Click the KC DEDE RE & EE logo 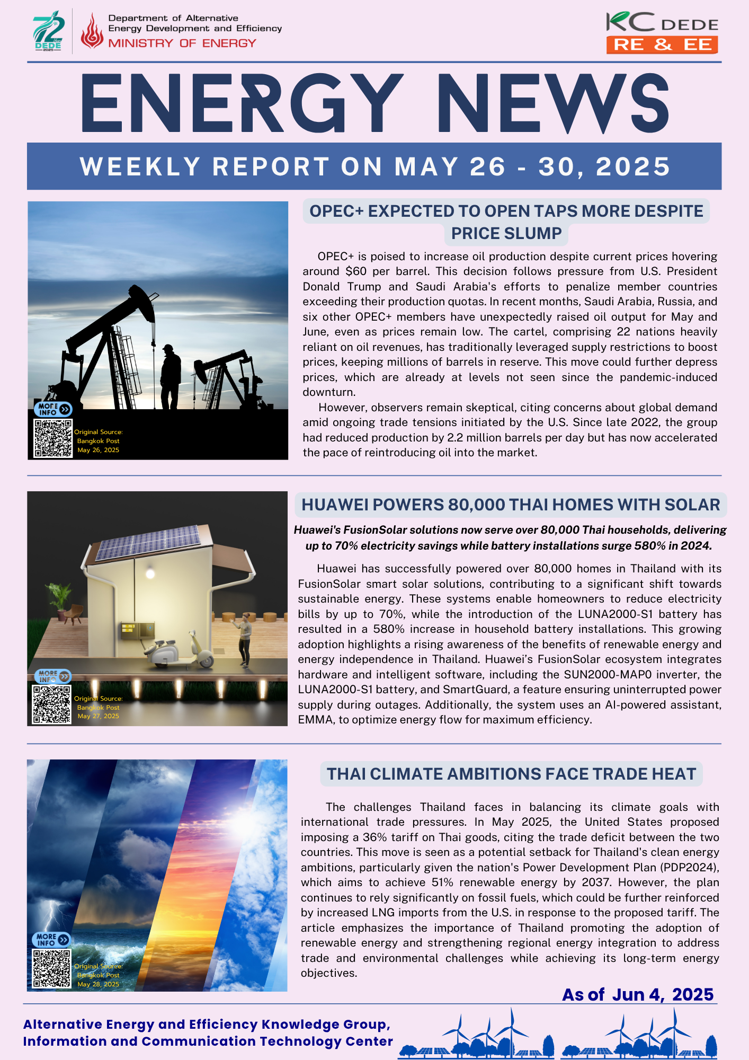(x=662, y=33)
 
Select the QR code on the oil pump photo (x=53, y=438)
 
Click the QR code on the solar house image (x=52, y=704)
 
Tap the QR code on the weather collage (x=51, y=969)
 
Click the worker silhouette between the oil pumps (x=171, y=376)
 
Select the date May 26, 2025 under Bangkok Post (x=99, y=450)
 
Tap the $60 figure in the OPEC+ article (x=355, y=271)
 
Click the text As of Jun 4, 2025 (x=638, y=994)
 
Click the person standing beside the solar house (x=244, y=640)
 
